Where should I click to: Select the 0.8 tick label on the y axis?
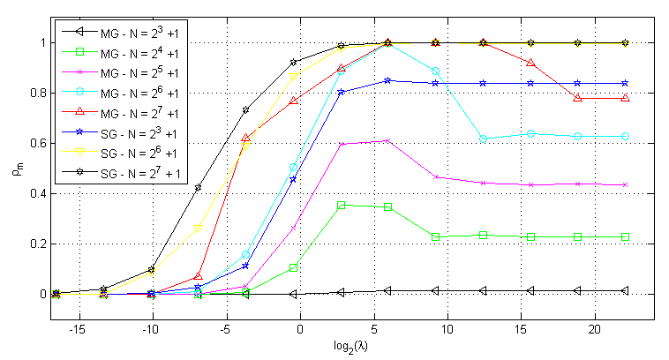click(34, 93)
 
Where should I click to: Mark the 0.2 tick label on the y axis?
click(34, 244)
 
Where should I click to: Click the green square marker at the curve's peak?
click(342, 206)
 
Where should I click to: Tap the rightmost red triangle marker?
click(625, 98)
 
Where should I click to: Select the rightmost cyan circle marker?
click(625, 136)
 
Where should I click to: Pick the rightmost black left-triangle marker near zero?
click(625, 290)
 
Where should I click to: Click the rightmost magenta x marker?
click(625, 184)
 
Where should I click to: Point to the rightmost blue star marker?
click(625, 83)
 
